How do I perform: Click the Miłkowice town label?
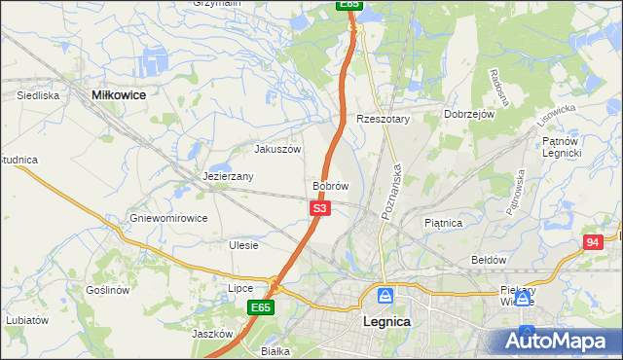tap(118, 94)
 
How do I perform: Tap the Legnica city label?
tap(385, 321)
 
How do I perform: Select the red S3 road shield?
tap(321, 208)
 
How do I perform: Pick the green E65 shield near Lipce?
tap(260, 307)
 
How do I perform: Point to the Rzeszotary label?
tap(384, 119)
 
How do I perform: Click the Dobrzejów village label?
tap(470, 114)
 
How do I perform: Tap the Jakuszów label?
tap(277, 149)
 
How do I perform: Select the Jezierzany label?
tap(229, 176)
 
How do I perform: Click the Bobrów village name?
tap(330, 185)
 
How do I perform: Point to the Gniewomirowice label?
tap(168, 218)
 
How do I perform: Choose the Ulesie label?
tap(243, 245)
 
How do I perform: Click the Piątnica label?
tap(443, 223)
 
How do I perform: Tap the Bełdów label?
tap(489, 260)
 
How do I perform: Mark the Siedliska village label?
tap(39, 96)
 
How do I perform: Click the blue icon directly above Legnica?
tap(385, 295)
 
